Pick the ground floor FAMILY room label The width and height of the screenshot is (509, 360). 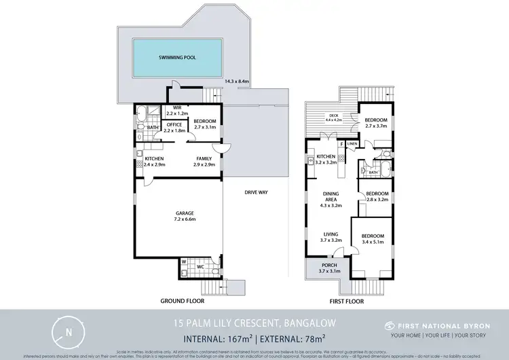[205, 162]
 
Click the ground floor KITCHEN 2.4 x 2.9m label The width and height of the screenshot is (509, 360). [155, 162]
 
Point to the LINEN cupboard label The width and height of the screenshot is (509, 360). [352, 144]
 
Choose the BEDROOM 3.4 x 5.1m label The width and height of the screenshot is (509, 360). [372, 239]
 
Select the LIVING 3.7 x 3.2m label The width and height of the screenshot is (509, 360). [331, 236]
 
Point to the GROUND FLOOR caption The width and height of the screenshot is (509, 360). [182, 300]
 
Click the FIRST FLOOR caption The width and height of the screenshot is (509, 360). [345, 300]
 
